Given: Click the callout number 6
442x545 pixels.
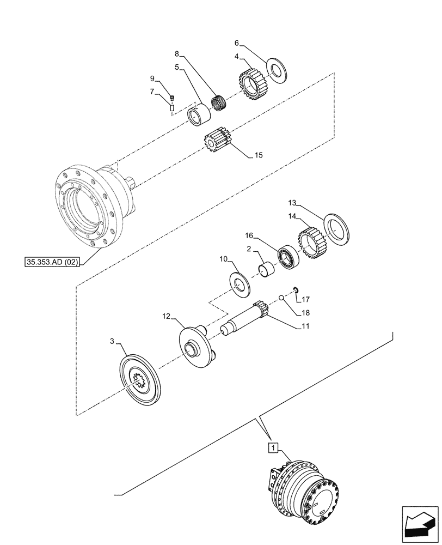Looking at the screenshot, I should pyautogui.click(x=236, y=43).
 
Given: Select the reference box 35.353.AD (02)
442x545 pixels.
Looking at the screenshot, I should pyautogui.click(x=52, y=262).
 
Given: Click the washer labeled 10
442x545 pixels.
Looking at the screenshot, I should pyautogui.click(x=239, y=283).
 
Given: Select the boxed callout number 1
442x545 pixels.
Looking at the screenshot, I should pyautogui.click(x=273, y=448).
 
